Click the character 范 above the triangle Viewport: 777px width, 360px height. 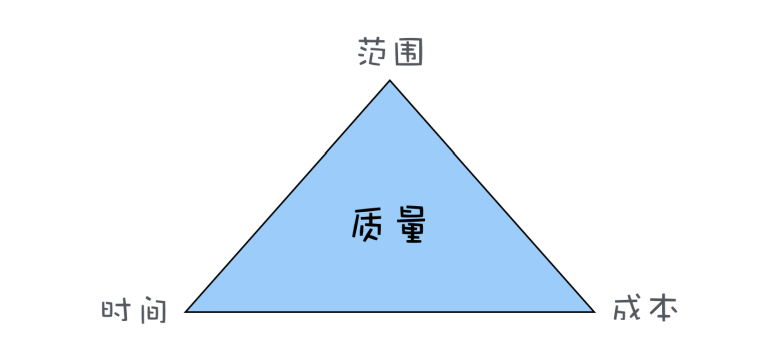pos(373,53)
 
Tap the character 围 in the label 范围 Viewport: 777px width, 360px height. pos(407,53)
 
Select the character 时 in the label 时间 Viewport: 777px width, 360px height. pos(118,309)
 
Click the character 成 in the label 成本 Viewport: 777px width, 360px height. pos(627,309)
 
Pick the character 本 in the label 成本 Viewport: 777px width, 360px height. pos(662,309)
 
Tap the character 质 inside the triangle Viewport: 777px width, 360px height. pos(370,226)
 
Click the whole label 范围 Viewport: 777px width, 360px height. pos(390,53)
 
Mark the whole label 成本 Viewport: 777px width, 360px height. pos(645,309)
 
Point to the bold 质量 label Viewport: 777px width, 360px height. pos(390,226)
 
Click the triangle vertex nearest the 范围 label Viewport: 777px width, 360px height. pos(390,81)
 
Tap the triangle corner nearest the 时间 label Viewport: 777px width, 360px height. pos(187,311)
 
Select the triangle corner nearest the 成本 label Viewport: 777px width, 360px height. pos(594,311)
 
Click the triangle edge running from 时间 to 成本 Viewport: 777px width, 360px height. pos(390,312)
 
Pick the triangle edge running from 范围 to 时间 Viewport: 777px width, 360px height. pos(288,196)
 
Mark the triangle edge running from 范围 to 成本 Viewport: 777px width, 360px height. pos(492,196)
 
